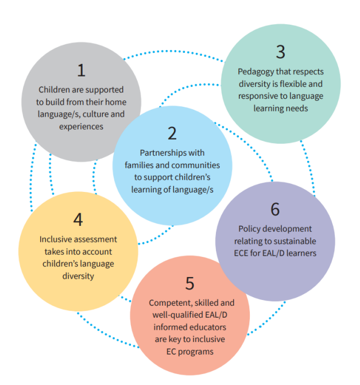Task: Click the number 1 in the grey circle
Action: (81, 70)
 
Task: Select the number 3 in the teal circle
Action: (280, 52)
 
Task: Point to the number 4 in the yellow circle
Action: (78, 220)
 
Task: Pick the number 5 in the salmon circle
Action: (190, 283)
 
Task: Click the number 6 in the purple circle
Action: (274, 209)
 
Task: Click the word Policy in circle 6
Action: (249, 229)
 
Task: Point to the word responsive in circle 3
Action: (258, 96)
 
